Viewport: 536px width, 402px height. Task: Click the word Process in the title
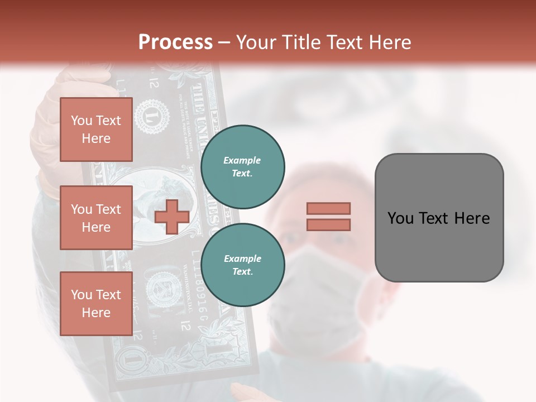tap(175, 42)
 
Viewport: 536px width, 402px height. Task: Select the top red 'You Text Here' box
tap(96, 130)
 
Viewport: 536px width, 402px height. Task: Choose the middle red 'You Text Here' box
tap(96, 218)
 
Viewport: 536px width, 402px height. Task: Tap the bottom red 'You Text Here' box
tap(96, 303)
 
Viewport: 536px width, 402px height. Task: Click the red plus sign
tap(171, 216)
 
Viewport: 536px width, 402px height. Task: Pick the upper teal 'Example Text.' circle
tap(242, 166)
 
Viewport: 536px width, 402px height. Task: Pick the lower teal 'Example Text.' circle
tap(242, 265)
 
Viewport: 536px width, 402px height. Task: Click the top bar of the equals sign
tap(328, 209)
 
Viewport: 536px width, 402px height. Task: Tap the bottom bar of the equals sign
tap(328, 224)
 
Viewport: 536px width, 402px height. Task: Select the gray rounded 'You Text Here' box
tap(439, 217)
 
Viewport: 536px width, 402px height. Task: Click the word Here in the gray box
tap(472, 218)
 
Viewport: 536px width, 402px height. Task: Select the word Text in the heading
tap(344, 42)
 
